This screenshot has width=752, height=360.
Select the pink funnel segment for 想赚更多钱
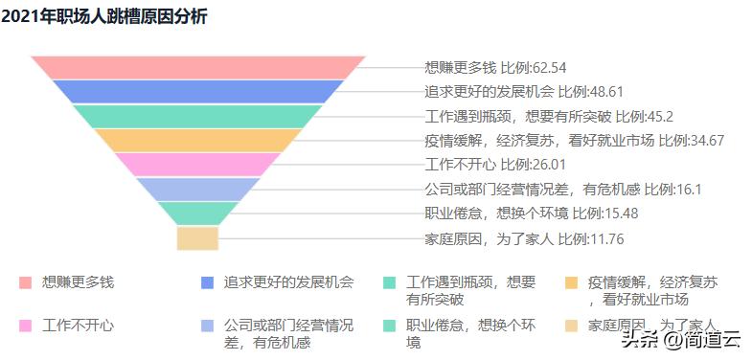(x=198, y=67)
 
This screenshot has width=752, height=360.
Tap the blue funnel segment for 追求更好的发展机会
(x=198, y=92)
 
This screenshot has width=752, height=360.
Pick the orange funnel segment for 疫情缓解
(x=198, y=141)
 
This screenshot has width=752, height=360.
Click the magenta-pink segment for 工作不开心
(x=198, y=165)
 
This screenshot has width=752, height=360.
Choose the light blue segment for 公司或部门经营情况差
(x=198, y=190)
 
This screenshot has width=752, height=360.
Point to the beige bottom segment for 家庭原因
(x=198, y=238)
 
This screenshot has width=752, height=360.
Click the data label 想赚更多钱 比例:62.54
(x=495, y=67)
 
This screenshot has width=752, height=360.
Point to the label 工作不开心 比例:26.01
(x=489, y=165)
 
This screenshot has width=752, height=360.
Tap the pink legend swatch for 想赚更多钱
(x=25, y=282)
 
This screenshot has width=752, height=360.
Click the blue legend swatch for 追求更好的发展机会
(x=207, y=282)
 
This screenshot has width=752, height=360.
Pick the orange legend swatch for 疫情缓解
(x=571, y=282)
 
